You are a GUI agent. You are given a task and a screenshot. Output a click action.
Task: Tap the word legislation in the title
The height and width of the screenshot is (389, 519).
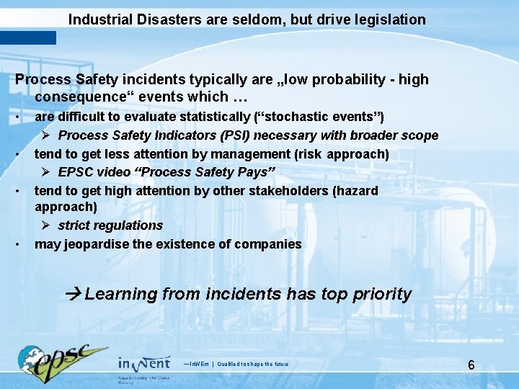[389, 19]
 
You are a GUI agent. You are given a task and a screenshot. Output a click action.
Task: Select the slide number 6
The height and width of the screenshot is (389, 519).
[471, 365]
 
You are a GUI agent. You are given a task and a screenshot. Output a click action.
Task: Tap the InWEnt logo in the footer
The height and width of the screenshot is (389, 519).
[144, 362]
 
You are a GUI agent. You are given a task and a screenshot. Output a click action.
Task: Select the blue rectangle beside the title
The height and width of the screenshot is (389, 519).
[28, 37]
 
